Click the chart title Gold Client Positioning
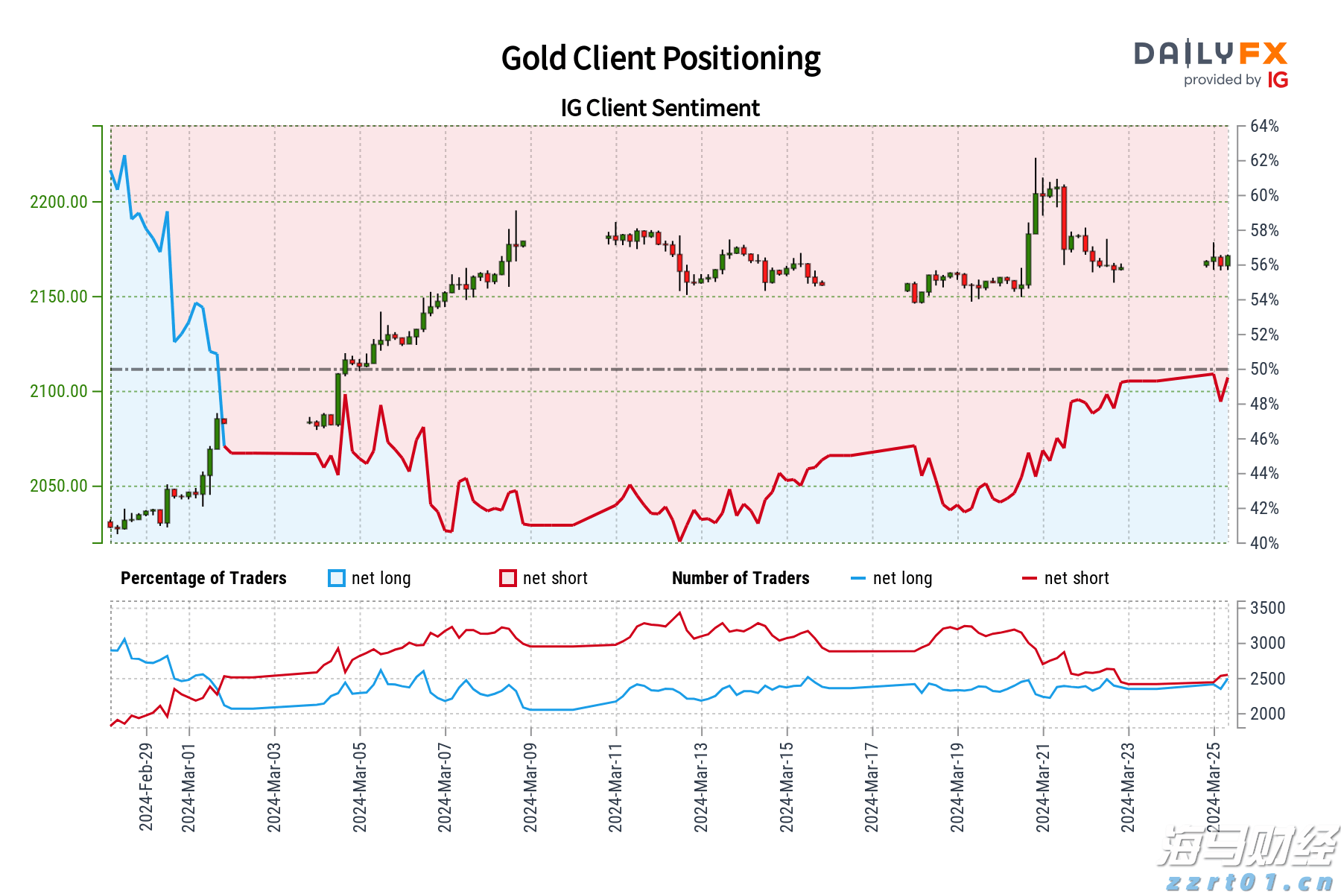660,58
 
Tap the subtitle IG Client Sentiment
660,108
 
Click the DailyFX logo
1211,64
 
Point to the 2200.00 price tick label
59,202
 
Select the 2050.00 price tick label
59,486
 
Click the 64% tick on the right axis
1264,126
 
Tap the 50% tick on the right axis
1264,369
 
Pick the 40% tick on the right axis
1264,543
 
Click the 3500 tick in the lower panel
1267,608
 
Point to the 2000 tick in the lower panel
1267,714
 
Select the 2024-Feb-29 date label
146,786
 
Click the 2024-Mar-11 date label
615,786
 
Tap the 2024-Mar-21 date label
1042,786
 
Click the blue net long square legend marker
337,578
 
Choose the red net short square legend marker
508,578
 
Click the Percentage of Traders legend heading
203,578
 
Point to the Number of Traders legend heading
741,578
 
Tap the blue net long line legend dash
858,578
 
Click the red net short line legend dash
1030,578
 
